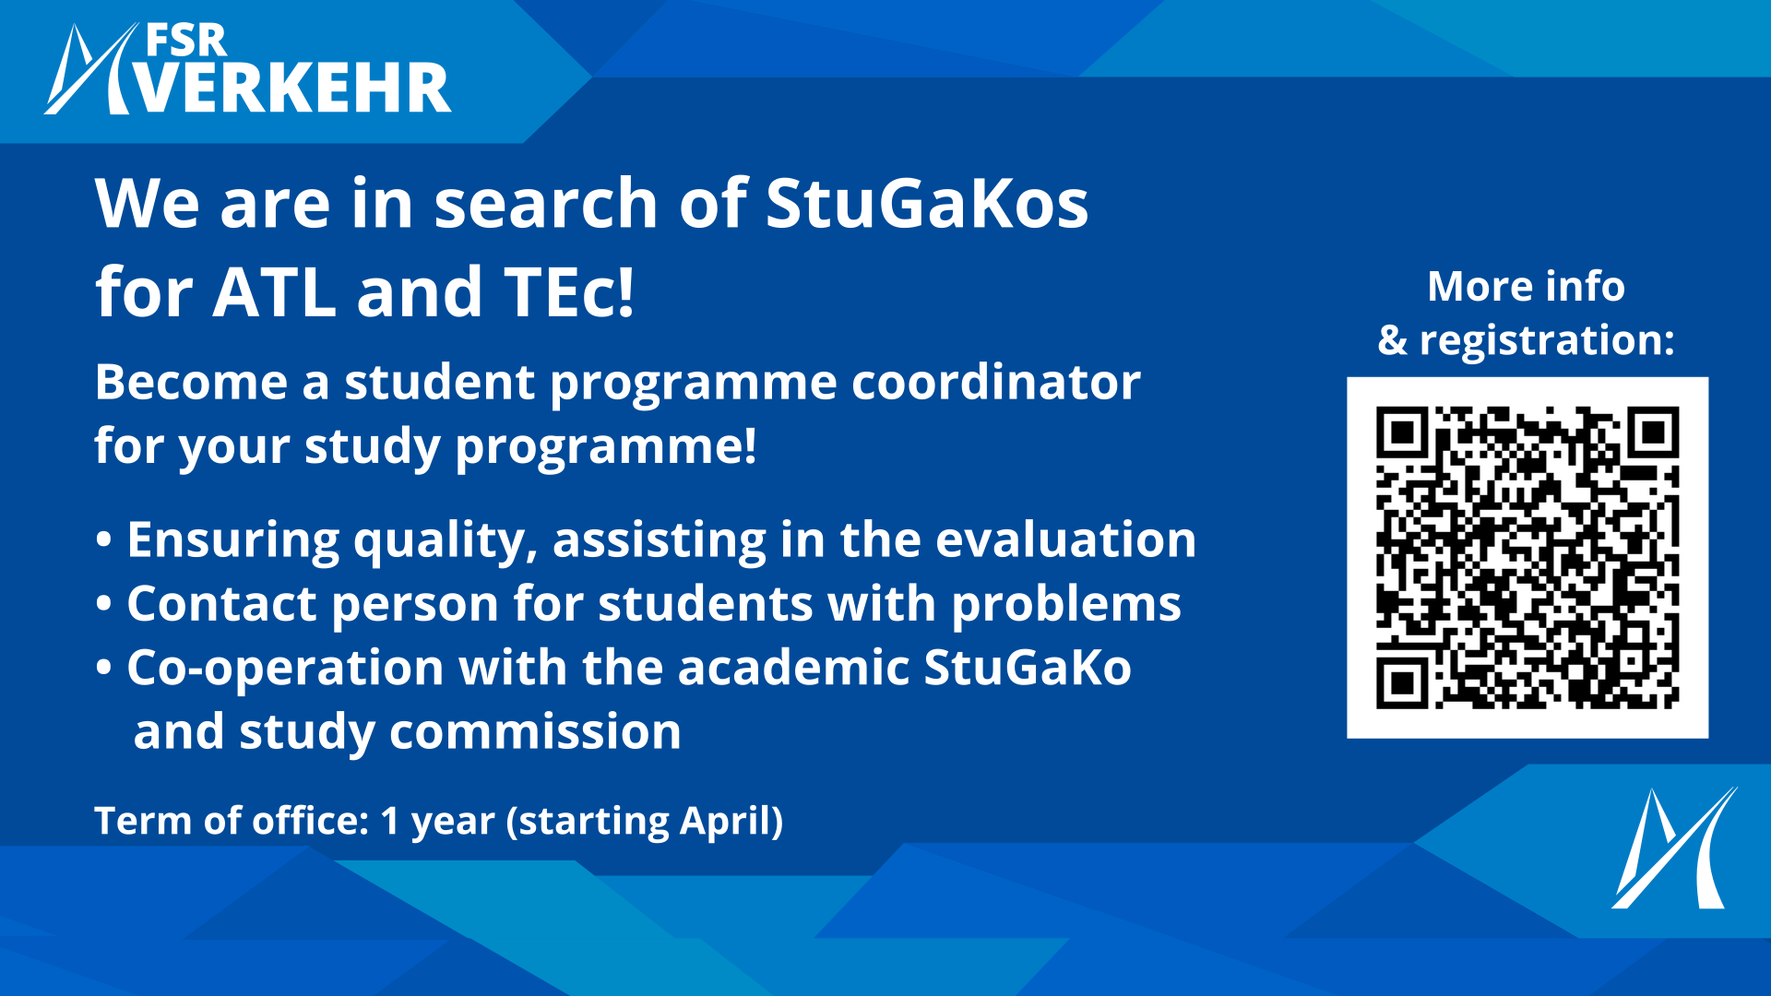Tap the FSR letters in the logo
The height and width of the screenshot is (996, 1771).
point(186,41)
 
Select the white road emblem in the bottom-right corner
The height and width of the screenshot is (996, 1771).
point(1674,848)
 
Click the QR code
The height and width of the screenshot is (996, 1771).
point(1527,557)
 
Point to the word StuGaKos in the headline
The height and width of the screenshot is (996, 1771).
point(927,203)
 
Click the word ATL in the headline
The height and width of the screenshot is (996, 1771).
point(274,292)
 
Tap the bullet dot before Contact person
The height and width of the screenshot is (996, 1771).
point(103,605)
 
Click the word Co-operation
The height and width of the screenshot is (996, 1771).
point(285,669)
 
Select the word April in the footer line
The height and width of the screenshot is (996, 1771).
point(723,822)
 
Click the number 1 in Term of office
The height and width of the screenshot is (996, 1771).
point(390,821)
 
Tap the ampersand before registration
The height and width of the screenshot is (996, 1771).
point(1393,340)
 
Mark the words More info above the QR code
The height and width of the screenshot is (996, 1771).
point(1527,286)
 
